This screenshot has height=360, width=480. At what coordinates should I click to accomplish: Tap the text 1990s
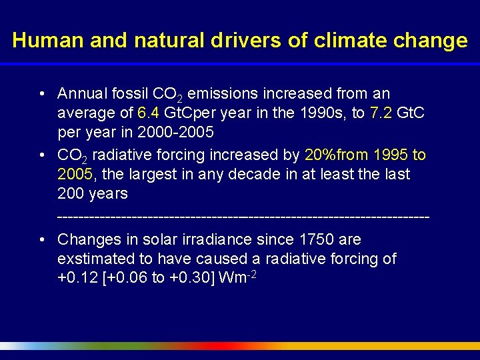325,113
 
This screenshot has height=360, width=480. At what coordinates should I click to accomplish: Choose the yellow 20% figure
321,155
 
